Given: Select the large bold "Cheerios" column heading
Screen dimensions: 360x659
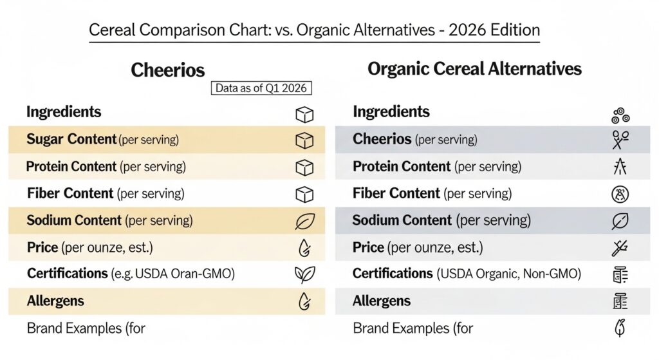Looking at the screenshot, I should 168,70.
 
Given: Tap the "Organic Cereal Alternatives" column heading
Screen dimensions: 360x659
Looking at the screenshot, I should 474,69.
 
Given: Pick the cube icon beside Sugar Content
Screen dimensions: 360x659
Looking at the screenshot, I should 304,140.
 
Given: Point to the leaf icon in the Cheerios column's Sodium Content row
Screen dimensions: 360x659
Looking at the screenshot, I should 304,221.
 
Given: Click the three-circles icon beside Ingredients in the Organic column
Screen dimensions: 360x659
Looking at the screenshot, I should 620,115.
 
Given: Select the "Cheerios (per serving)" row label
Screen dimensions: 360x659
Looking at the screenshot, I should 414,139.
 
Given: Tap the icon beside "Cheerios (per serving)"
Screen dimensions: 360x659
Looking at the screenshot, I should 620,139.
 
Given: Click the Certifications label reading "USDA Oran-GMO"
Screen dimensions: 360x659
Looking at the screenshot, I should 131,274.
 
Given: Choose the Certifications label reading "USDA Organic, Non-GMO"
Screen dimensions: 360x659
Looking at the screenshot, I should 467,274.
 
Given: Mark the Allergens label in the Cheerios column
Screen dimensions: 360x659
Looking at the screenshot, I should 55,301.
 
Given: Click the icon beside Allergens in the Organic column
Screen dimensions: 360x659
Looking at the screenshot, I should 620,301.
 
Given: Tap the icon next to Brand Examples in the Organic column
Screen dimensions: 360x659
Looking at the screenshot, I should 620,328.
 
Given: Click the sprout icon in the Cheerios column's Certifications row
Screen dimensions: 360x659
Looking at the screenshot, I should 304,275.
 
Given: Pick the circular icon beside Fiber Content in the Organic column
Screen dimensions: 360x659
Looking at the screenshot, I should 620,194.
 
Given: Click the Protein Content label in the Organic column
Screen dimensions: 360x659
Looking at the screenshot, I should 437,167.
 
